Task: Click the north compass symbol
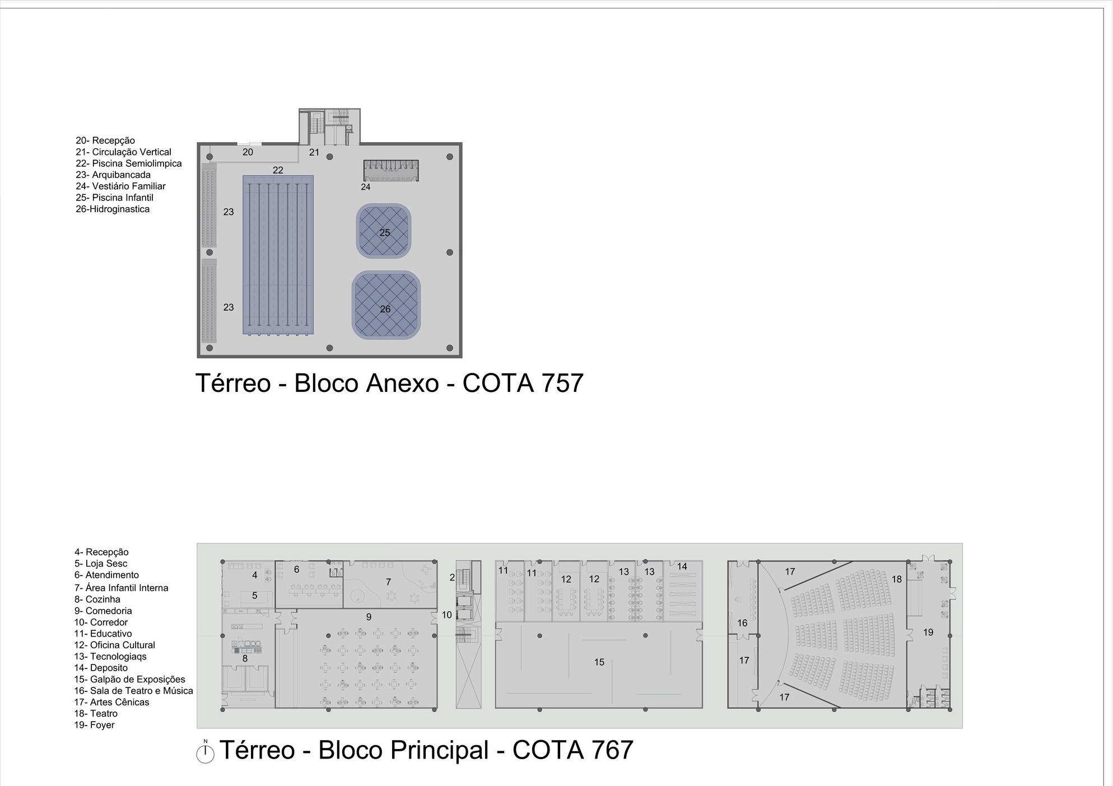pyautogui.click(x=206, y=753)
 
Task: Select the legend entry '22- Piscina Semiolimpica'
pyautogui.click(x=128, y=163)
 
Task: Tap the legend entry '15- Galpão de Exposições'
pyautogui.click(x=129, y=679)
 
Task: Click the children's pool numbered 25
pyautogui.click(x=384, y=231)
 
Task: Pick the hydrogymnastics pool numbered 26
pyautogui.click(x=386, y=306)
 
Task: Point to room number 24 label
pyautogui.click(x=365, y=187)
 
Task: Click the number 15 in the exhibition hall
pyautogui.click(x=599, y=662)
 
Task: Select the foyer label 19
pyautogui.click(x=928, y=632)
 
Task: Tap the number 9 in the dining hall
pyautogui.click(x=369, y=617)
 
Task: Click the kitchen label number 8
pyautogui.click(x=245, y=659)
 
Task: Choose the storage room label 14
pyautogui.click(x=682, y=567)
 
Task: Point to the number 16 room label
pyautogui.click(x=742, y=623)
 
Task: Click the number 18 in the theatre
pyautogui.click(x=897, y=579)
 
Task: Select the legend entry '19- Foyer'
pyautogui.click(x=94, y=725)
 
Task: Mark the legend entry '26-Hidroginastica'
pyautogui.click(x=113, y=209)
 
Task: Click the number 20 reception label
pyautogui.click(x=248, y=152)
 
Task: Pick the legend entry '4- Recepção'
pyautogui.click(x=101, y=552)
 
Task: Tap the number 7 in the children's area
pyautogui.click(x=388, y=582)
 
